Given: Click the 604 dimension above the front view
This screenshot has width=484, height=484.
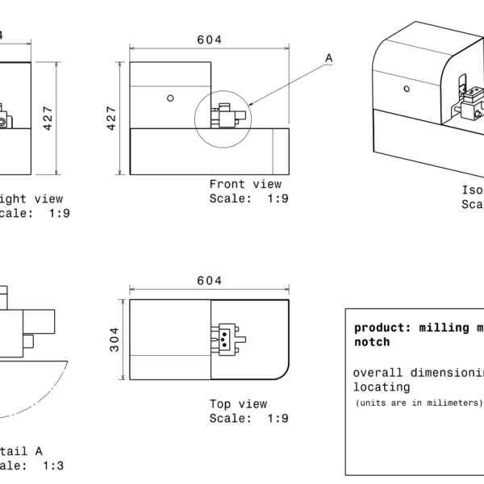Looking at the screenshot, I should [210, 40].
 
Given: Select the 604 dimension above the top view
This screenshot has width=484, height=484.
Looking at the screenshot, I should [210, 281].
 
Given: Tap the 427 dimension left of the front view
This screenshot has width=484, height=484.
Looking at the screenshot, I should [112, 118].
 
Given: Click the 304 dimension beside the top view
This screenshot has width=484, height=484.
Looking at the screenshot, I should [115, 339].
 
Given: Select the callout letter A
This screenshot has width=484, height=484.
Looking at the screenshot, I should [328, 57].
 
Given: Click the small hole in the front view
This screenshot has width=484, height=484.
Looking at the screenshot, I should [170, 98].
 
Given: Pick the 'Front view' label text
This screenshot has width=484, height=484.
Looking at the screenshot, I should [245, 184].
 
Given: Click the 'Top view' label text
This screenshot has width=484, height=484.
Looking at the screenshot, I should [238, 404].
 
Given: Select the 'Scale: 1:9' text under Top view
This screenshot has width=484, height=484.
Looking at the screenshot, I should [248, 418].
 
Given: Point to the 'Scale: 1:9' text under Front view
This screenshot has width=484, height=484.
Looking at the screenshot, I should [248, 198].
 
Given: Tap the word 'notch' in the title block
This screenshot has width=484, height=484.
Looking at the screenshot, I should [372, 342].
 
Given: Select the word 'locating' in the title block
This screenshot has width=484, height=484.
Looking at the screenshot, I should [382, 387].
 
